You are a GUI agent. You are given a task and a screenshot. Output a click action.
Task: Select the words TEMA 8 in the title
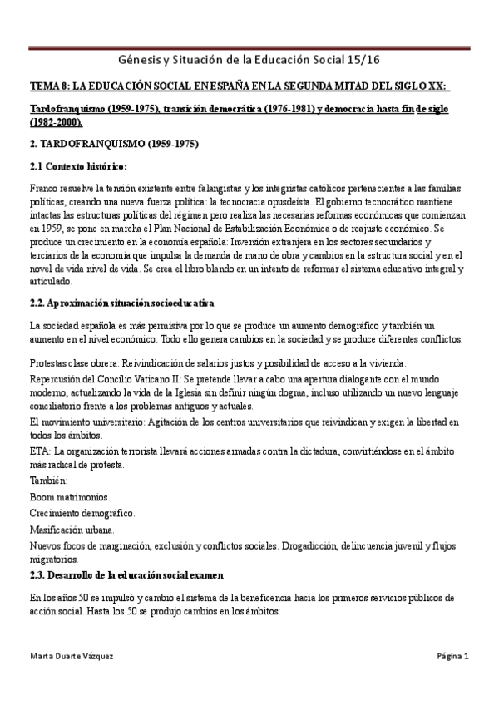pos(49,86)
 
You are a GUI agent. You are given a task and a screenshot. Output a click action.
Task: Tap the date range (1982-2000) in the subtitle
pos(58,121)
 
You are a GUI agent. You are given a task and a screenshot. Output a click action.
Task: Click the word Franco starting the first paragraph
pos(43,189)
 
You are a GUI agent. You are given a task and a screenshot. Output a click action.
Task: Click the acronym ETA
pos(38,450)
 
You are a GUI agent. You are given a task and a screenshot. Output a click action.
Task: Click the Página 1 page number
pos(453,656)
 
